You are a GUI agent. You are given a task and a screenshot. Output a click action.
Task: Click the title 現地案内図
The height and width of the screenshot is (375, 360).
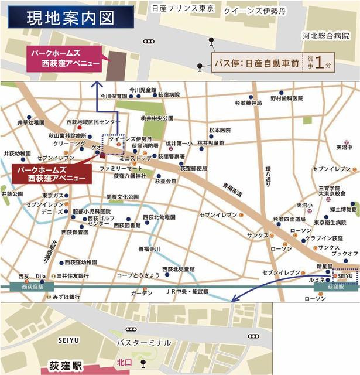tap(69, 18)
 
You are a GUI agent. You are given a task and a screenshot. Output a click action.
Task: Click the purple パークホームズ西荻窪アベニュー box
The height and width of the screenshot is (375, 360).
tap(63, 59)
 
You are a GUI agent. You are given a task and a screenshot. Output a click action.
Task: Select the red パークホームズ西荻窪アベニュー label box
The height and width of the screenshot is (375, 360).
tap(50, 173)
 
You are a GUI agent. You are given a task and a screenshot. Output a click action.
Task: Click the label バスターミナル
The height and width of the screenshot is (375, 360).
tap(143, 342)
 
